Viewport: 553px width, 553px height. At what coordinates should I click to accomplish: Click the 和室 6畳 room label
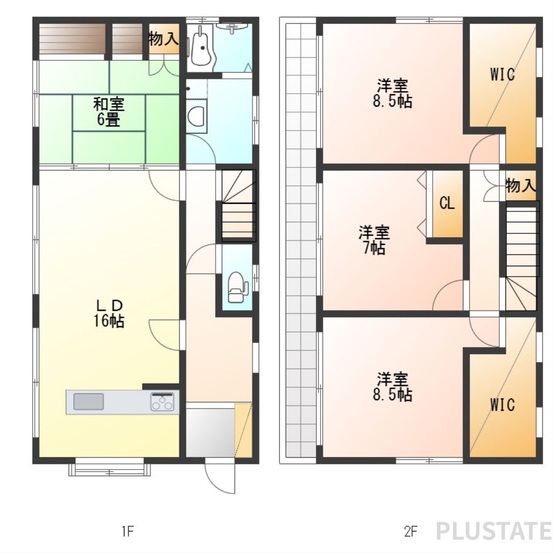pyautogui.click(x=109, y=112)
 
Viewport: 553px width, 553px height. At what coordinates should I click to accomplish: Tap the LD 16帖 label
pyautogui.click(x=109, y=313)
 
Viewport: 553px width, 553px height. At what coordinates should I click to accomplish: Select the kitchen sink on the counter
pyautogui.click(x=89, y=402)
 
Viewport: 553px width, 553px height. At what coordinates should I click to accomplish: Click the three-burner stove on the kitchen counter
pyautogui.click(x=162, y=402)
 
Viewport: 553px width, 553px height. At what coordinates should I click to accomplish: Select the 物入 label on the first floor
pyautogui.click(x=163, y=38)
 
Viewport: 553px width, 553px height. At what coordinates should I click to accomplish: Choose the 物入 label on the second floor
pyautogui.click(x=521, y=185)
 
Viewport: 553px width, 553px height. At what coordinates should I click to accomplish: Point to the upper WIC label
pyautogui.click(x=503, y=74)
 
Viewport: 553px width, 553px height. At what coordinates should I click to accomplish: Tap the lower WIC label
pyautogui.click(x=503, y=405)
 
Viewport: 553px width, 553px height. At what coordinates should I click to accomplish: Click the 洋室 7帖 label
pyautogui.click(x=374, y=240)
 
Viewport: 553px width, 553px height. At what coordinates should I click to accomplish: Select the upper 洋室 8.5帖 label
pyautogui.click(x=393, y=94)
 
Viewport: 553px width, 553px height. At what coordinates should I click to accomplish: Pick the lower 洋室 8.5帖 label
pyautogui.click(x=393, y=387)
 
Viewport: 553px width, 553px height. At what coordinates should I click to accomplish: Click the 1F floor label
pyautogui.click(x=127, y=531)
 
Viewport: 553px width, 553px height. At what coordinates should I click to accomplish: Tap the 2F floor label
pyautogui.click(x=411, y=531)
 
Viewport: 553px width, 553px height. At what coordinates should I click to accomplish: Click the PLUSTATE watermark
pyautogui.click(x=494, y=531)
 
